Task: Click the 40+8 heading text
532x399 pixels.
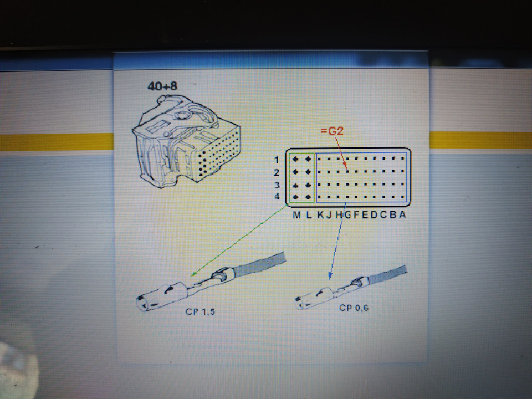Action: (162, 86)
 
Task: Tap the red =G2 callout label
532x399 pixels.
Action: (332, 131)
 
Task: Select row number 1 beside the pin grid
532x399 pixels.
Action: (277, 160)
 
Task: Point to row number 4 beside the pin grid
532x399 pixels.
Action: (277, 196)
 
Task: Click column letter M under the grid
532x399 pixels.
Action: (296, 215)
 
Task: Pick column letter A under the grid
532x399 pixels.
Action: (402, 214)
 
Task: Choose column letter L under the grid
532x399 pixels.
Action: (309, 215)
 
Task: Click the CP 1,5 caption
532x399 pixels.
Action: (200, 311)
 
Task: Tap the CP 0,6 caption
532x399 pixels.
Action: (354, 308)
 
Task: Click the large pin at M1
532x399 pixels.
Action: (295, 159)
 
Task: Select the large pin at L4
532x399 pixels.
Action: (308, 197)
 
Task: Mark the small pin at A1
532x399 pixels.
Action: (402, 158)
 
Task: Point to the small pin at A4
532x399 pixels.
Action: (402, 197)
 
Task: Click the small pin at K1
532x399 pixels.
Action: (319, 159)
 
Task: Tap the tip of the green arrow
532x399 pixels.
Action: (192, 276)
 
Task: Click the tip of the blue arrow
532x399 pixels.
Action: (329, 279)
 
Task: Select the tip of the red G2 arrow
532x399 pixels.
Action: (347, 170)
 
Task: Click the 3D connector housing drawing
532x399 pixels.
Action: (186, 141)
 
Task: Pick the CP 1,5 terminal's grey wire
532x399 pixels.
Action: (259, 264)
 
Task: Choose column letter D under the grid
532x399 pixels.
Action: (374, 214)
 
